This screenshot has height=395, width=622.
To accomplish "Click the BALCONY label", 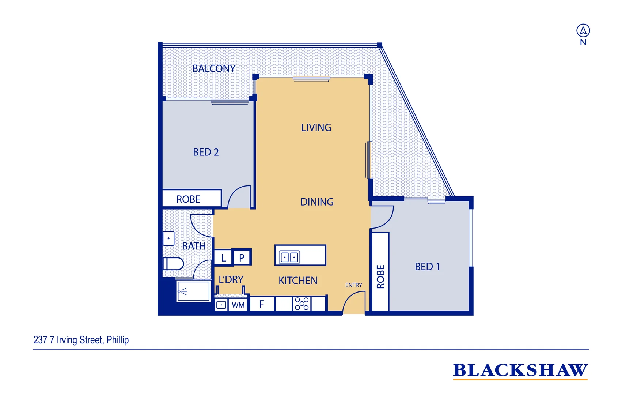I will point(214,68).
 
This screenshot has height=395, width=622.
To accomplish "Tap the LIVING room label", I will point(316,128).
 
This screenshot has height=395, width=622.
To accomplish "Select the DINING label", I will point(317,202).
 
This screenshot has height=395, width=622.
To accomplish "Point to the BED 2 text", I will point(206,152).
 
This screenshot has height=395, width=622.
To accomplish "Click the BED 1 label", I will point(427,267).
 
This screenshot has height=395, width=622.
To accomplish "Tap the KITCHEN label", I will point(298,281).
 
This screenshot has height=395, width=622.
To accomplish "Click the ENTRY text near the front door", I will point(353,285).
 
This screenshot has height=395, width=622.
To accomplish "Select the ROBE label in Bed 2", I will point(188,199).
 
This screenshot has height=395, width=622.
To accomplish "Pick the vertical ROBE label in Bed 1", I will point(380,277).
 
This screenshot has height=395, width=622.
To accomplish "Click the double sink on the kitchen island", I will point(289,257).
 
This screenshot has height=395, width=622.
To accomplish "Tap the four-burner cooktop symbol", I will point(302,304).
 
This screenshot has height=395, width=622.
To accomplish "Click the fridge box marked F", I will point(262,304).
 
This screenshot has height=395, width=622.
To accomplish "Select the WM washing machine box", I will point(238,305).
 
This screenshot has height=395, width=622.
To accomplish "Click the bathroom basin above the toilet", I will point(168,238).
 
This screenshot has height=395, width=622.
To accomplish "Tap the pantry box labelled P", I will point(242,258).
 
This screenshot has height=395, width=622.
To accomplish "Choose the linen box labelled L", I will point(223,258).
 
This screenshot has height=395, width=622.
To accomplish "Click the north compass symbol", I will point(583,31).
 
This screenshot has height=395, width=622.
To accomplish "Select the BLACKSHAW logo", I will point(520,370).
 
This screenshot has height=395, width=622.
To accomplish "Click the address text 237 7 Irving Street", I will point(81,340).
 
